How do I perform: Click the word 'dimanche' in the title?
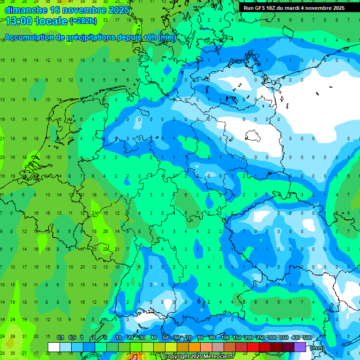24,9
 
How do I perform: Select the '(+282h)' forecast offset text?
83,21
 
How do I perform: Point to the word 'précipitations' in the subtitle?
90,37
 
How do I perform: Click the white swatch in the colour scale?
54,347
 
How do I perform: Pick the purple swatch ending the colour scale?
300,347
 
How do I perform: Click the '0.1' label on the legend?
60,337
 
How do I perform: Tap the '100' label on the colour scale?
225,337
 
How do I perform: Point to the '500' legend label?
307,337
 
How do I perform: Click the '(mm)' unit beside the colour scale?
317,348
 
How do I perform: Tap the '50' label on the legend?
165,337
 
